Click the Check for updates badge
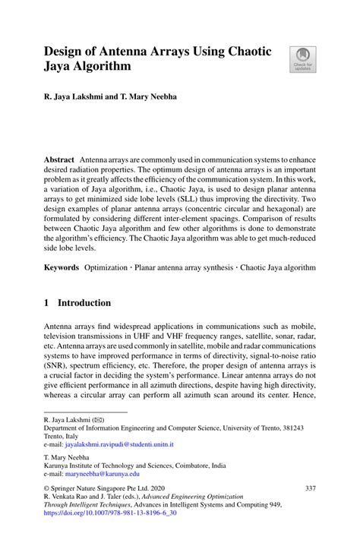tap(303, 59)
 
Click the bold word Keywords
tap(62, 267)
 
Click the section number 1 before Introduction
tap(47, 302)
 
